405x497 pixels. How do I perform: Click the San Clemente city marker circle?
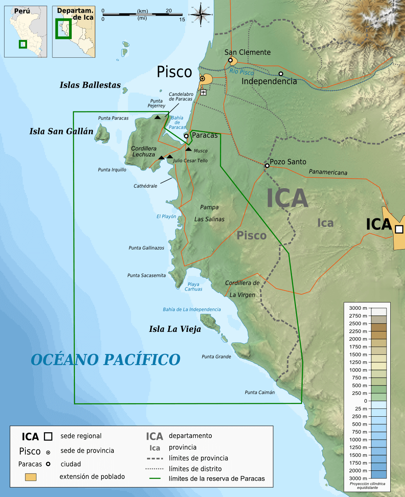pyautogui.click(x=231, y=60)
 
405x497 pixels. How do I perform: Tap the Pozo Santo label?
pyautogui.click(x=288, y=162)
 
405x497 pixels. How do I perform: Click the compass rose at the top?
pyautogui.click(x=201, y=14)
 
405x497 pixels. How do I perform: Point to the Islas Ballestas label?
pyautogui.click(x=90, y=85)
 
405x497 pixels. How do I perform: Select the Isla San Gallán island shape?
pyautogui.click(x=101, y=134)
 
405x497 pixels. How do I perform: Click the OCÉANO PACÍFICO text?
pyautogui.click(x=106, y=360)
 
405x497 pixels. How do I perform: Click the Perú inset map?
pyautogui.click(x=26, y=31)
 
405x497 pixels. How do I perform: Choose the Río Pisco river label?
pyautogui.click(x=242, y=71)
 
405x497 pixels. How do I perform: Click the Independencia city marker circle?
pyautogui.click(x=281, y=74)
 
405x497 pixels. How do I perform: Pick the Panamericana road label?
pyautogui.click(x=328, y=172)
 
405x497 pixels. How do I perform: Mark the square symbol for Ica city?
pyautogui.click(x=399, y=229)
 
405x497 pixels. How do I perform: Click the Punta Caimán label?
pyautogui.click(x=260, y=393)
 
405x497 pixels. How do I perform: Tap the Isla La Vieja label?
pyautogui.click(x=175, y=329)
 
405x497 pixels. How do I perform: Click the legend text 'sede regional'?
pyautogui.click(x=81, y=436)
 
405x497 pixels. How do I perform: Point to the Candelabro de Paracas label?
pyautogui.click(x=181, y=97)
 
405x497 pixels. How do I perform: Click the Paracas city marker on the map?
pyautogui.click(x=186, y=136)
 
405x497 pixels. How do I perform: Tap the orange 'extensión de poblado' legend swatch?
pyautogui.click(x=31, y=477)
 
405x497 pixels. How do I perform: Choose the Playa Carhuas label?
pyautogui.click(x=193, y=286)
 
